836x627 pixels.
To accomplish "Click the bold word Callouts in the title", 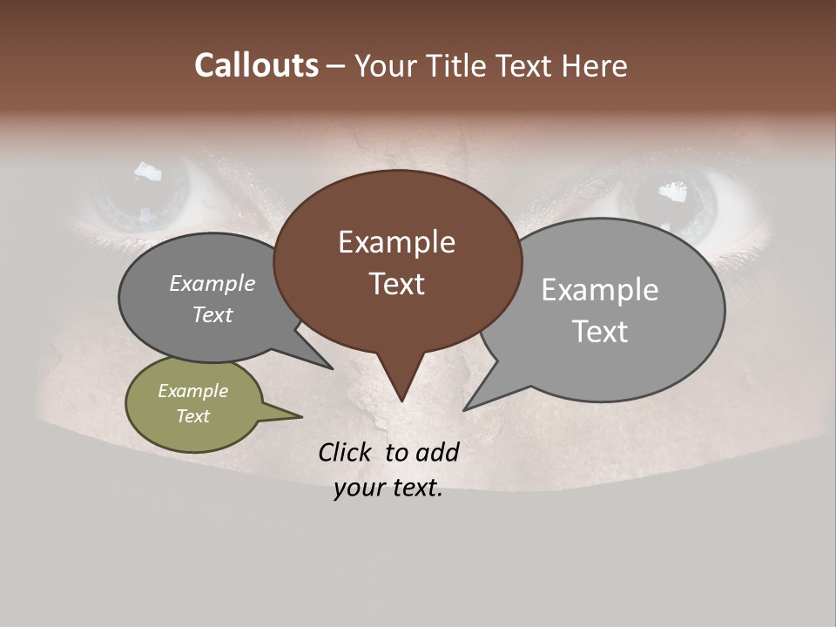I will point(257,65).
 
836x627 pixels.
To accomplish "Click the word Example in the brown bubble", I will point(396,242).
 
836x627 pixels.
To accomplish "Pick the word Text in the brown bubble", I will point(396,284).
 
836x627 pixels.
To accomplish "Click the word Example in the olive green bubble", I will point(192,391).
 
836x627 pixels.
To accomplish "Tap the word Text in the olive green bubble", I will point(192,416).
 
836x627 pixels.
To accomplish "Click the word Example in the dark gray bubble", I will point(212,284).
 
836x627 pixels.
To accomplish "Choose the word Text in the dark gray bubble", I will point(212,314).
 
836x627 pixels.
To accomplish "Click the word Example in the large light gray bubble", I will point(599,290).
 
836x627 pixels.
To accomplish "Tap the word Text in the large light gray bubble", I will point(599,332).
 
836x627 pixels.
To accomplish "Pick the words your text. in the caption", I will point(388,488).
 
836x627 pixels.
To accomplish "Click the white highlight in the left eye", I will point(148,171).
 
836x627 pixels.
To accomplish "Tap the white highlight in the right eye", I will point(671,191).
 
